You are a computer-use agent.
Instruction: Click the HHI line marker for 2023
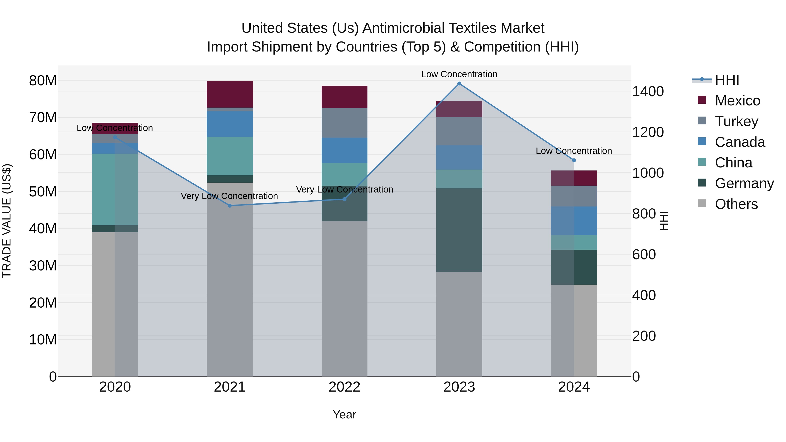[x=459, y=84]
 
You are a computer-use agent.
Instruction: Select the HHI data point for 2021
[x=230, y=206]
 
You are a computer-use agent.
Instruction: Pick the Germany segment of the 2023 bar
[x=459, y=230]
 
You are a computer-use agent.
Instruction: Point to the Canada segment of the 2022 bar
[x=345, y=150]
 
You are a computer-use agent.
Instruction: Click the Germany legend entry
[x=744, y=183]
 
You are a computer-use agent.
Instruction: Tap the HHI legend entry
[x=727, y=80]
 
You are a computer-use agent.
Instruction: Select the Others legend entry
[x=736, y=204]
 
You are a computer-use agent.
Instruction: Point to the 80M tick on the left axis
[x=43, y=81]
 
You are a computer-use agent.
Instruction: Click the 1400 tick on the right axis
[x=648, y=91]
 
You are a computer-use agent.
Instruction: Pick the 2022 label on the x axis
[x=345, y=387]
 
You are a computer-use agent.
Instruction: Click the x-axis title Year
[x=345, y=414]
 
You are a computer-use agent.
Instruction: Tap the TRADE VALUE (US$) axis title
[x=7, y=221]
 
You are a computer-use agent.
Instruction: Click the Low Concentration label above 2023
[x=459, y=74]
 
